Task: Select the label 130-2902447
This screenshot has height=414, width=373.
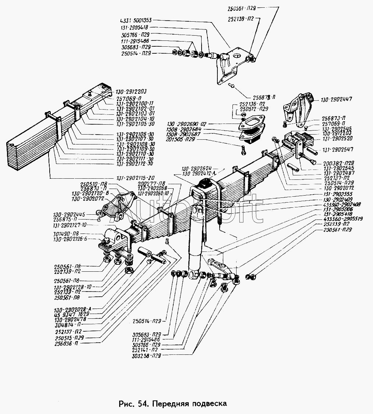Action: (336, 99)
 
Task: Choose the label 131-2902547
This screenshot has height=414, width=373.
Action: (337, 150)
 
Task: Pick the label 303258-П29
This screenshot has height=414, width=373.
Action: (146, 356)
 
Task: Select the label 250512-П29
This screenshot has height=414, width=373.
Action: (254, 109)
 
